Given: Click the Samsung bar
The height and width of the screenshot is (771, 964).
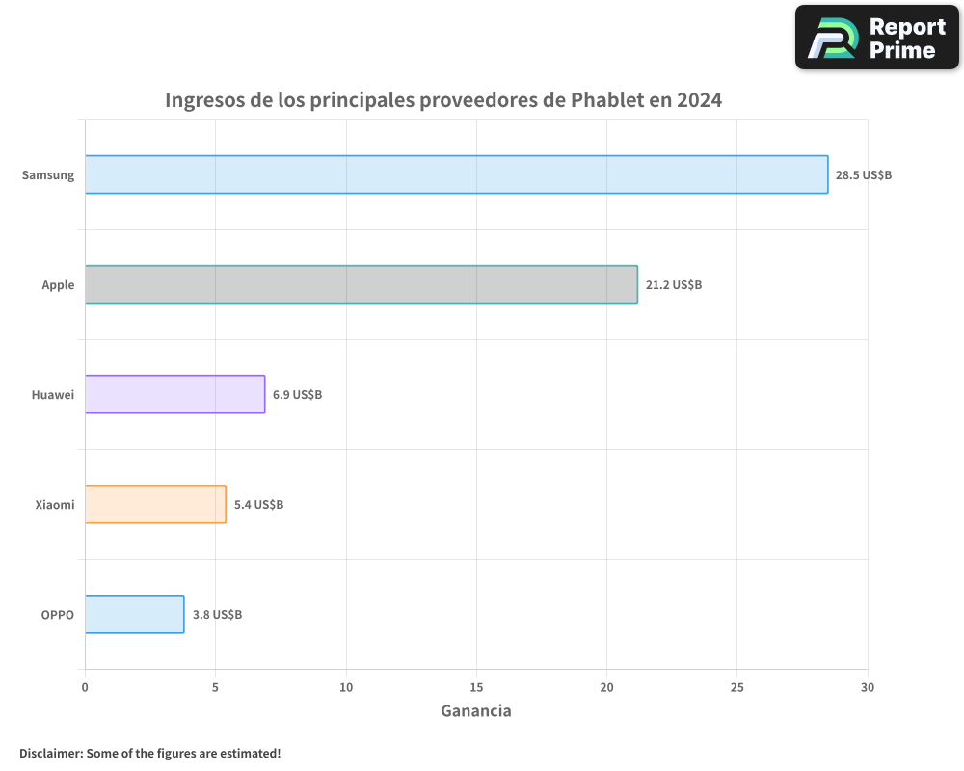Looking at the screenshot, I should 456,174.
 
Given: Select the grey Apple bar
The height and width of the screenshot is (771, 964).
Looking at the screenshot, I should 361,284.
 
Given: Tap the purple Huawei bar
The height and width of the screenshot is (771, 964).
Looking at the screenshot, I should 174,394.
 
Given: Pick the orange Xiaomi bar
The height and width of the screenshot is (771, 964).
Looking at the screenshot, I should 155,504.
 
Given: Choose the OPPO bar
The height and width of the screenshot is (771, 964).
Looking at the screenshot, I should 134,614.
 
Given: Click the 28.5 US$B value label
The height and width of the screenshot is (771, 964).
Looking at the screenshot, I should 864,175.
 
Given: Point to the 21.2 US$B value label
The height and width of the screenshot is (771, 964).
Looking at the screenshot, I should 674,285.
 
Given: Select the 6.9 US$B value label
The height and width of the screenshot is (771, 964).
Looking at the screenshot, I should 297,395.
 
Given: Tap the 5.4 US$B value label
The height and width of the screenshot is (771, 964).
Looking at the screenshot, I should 258,505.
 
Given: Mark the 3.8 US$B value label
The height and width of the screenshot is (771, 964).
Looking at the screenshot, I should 217,615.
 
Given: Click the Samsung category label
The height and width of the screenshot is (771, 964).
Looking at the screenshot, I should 48,175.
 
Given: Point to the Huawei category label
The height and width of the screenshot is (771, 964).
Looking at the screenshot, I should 53,395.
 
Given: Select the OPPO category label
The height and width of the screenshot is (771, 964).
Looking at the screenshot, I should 57,615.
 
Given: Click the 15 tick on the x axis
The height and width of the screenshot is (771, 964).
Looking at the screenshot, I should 476,687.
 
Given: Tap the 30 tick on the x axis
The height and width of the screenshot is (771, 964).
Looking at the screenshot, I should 868,687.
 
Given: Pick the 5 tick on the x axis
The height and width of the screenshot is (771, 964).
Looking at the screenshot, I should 215,687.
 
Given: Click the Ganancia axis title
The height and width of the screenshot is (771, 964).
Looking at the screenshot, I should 476,711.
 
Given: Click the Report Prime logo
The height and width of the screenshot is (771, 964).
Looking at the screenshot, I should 876,38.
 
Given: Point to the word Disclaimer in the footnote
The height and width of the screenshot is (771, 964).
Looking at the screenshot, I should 49,753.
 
